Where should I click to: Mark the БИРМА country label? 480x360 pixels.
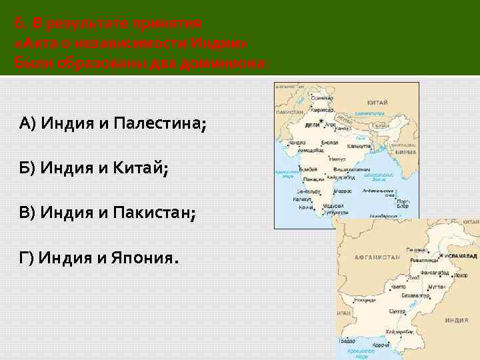[405, 151]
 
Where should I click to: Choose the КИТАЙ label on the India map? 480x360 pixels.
[377, 103]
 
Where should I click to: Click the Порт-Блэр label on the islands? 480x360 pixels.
[403, 203]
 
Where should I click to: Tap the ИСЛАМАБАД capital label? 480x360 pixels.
[461, 255]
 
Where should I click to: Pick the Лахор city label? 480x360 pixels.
[414, 276]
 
